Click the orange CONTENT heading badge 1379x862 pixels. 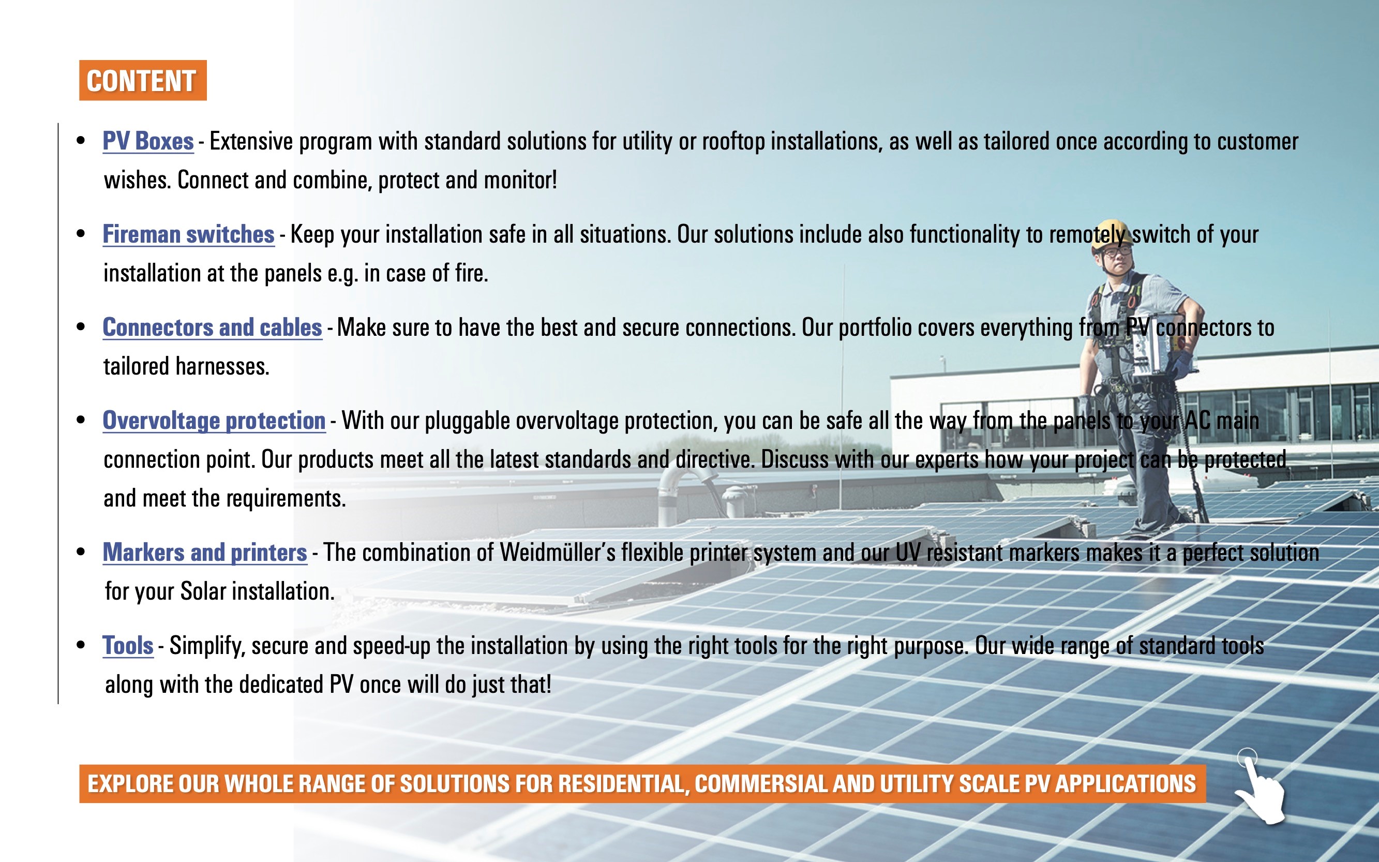(x=142, y=80)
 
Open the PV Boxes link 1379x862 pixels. (x=148, y=141)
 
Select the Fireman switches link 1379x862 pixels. (x=189, y=234)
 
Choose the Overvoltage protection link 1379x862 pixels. (x=214, y=421)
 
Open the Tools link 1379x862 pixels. (x=128, y=646)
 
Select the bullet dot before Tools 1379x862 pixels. (x=81, y=645)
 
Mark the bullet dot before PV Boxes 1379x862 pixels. (x=81, y=141)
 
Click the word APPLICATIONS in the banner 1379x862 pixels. (x=1126, y=784)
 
